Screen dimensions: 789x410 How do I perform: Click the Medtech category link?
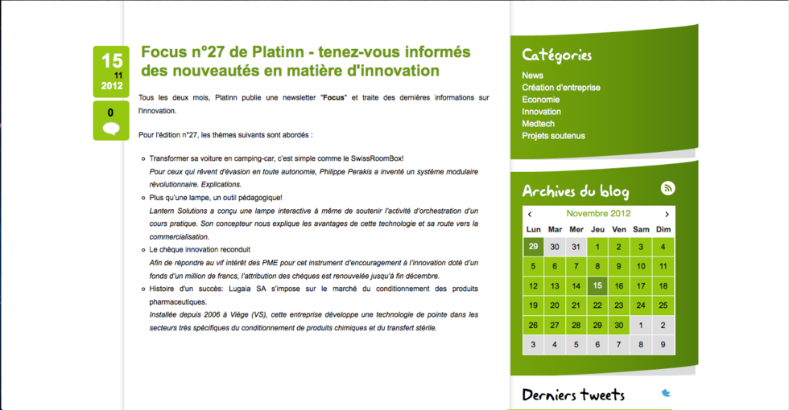[538, 124]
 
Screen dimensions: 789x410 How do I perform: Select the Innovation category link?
[541, 112]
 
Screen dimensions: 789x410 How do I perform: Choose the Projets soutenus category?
[553, 136]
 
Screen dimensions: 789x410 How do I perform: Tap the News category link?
[532, 76]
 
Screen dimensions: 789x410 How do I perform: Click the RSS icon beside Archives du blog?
[667, 188]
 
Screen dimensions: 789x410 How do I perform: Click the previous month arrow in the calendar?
[530, 214]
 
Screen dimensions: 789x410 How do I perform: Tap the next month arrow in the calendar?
[667, 214]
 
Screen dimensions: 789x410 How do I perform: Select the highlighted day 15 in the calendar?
[597, 285]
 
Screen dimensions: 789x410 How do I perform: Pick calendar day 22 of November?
[597, 305]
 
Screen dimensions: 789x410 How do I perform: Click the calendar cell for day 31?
[576, 247]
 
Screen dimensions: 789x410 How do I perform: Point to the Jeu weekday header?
[597, 230]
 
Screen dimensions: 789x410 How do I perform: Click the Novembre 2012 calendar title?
[598, 214]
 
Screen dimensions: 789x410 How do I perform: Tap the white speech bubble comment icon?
[111, 129]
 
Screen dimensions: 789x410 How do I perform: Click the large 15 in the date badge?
[112, 61]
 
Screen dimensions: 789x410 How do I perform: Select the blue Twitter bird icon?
[666, 393]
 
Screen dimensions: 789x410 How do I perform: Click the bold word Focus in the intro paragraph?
[333, 97]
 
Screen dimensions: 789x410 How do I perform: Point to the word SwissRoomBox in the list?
[377, 158]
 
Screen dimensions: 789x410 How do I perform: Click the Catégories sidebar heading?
[556, 55]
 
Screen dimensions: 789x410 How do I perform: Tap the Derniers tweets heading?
[573, 395]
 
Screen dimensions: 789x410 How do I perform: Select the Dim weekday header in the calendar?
[663, 230]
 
